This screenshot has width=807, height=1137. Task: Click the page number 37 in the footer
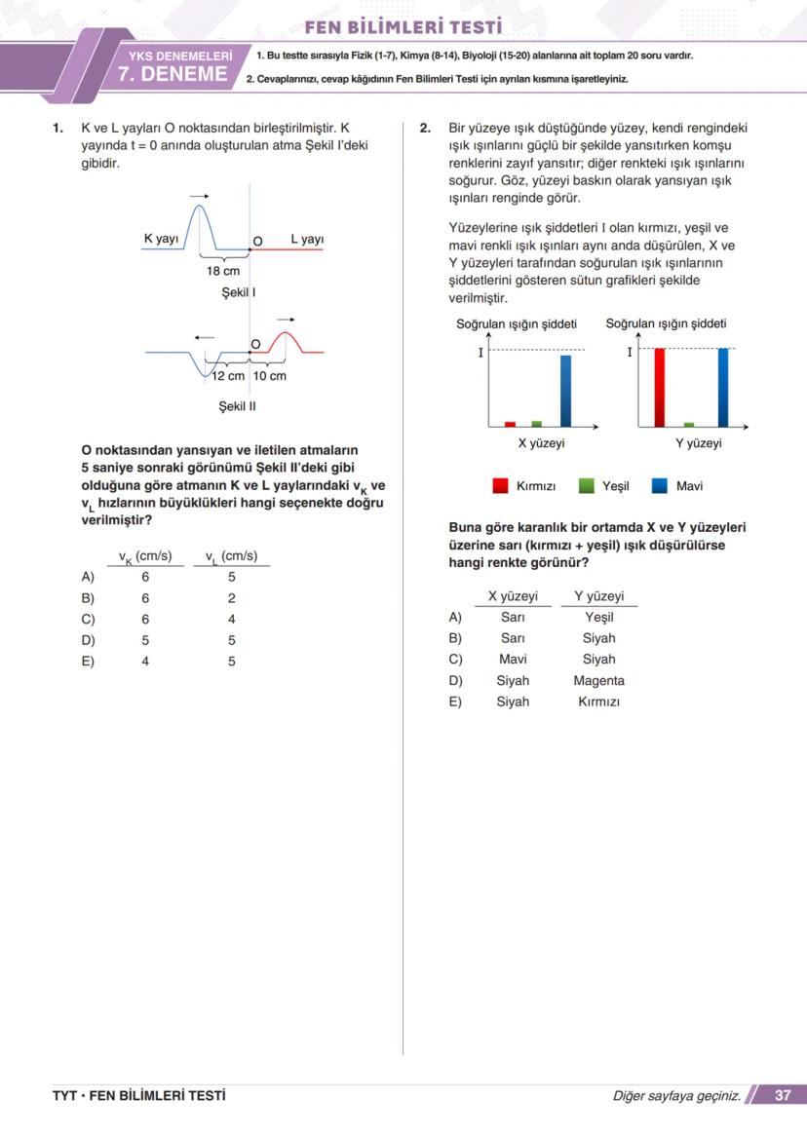783,1095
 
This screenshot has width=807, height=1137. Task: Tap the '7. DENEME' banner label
173,75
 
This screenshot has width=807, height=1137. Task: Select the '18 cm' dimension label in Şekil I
223,272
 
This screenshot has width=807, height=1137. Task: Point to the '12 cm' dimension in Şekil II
229,376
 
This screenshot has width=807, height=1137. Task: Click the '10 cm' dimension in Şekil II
270,376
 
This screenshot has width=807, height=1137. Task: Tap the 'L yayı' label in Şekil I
307,239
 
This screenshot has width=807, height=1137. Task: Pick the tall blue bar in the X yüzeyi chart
566,391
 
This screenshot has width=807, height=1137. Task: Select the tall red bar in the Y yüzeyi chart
659,387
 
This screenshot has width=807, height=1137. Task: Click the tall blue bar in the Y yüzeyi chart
722,387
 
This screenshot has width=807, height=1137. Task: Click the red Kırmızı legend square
501,485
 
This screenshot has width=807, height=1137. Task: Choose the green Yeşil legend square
587,485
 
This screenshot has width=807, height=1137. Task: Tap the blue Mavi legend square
660,485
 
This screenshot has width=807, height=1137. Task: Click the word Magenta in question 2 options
598,681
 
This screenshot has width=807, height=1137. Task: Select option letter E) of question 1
88,662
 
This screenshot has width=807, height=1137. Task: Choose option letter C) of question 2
455,660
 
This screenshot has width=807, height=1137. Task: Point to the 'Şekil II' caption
238,406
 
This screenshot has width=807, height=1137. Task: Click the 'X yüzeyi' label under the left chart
541,443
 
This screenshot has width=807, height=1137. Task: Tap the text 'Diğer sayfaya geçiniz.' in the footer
676,1096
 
